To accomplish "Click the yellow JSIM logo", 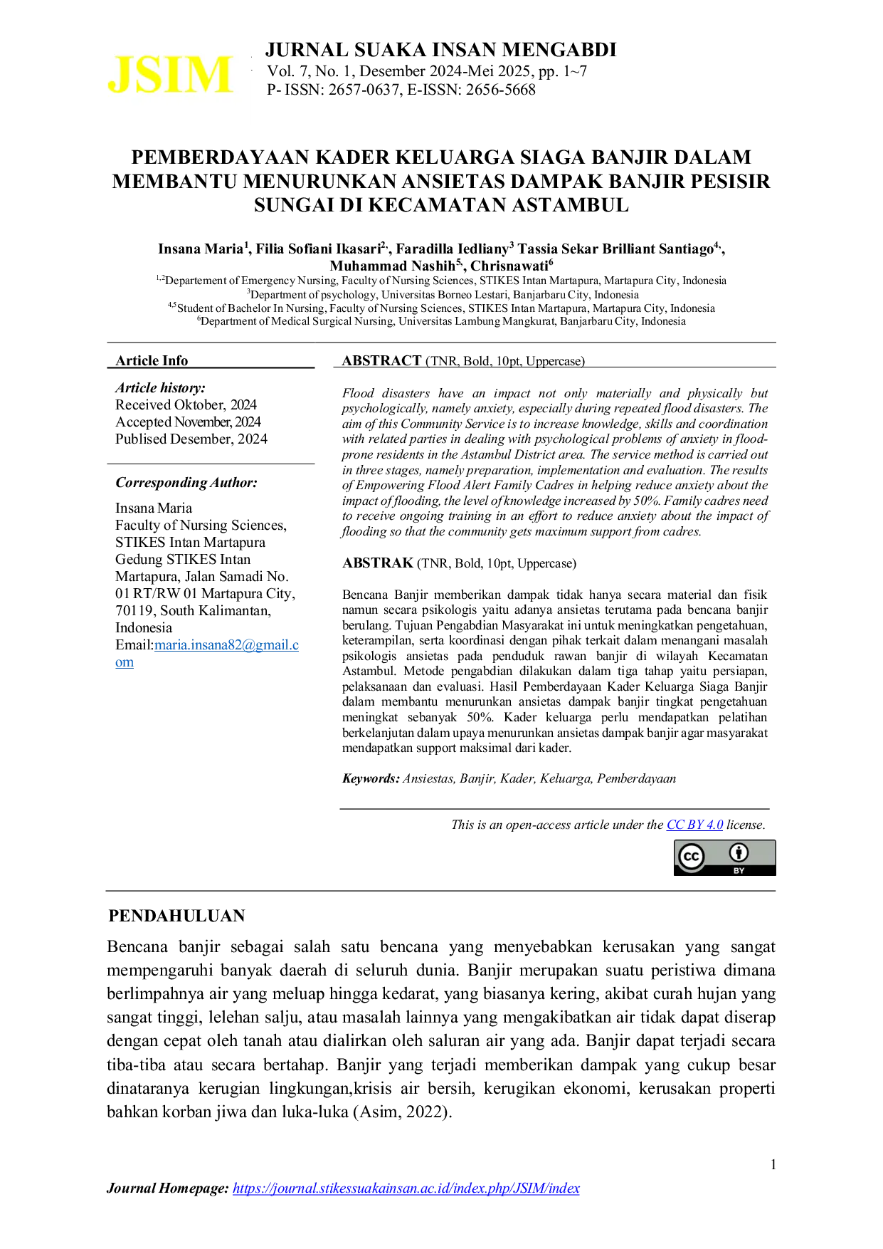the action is click(169, 75).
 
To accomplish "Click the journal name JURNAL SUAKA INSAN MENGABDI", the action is click(441, 50).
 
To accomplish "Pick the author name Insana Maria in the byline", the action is click(201, 249).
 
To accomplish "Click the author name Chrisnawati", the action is click(509, 266).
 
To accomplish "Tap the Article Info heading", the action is click(152, 360).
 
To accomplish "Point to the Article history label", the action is click(161, 387).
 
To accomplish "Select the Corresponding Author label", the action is click(186, 482).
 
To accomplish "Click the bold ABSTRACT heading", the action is click(381, 360).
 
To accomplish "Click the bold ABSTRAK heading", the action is click(378, 563).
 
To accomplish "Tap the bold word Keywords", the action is click(371, 778).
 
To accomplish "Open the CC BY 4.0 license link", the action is click(694, 825).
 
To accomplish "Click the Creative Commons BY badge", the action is click(725, 857).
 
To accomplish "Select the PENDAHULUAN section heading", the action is click(176, 916).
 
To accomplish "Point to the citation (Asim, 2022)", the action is click(402, 1112).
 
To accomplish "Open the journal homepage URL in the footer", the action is click(406, 1188).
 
